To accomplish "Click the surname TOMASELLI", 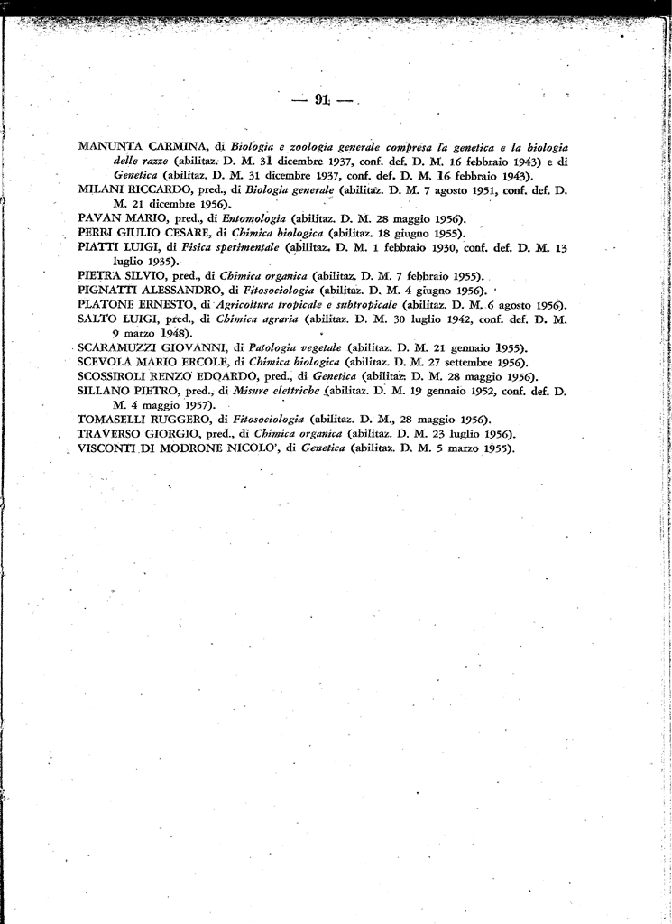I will pyautogui.click(x=115, y=420).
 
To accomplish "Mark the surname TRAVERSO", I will pyautogui.click(x=112, y=434).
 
